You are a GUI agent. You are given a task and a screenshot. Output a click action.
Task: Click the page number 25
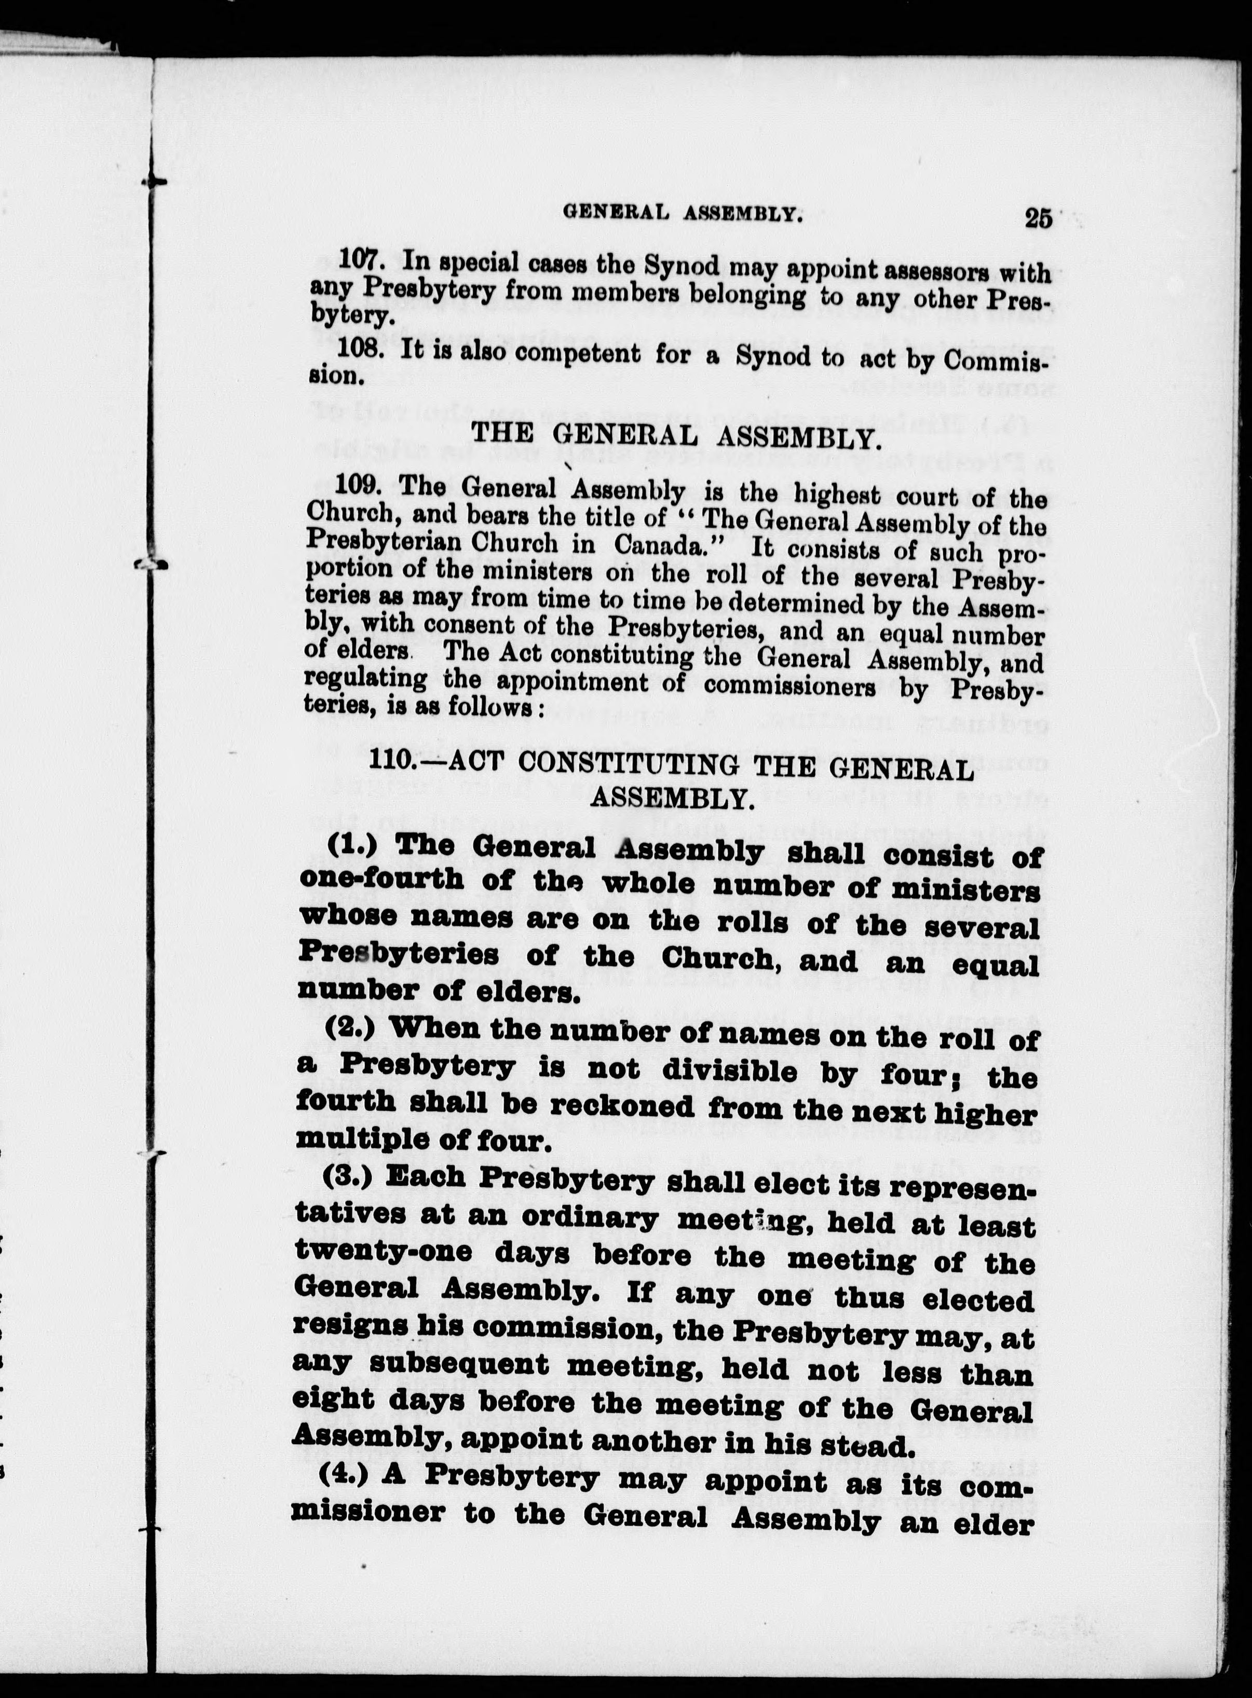(x=1038, y=218)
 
